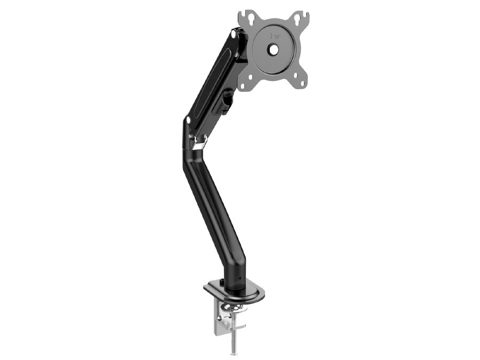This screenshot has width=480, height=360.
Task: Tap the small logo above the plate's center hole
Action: pyautogui.click(x=275, y=37)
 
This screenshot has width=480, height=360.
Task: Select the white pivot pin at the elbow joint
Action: pyautogui.click(x=188, y=121)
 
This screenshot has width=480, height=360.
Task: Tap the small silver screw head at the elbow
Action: pyautogui.click(x=190, y=137)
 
